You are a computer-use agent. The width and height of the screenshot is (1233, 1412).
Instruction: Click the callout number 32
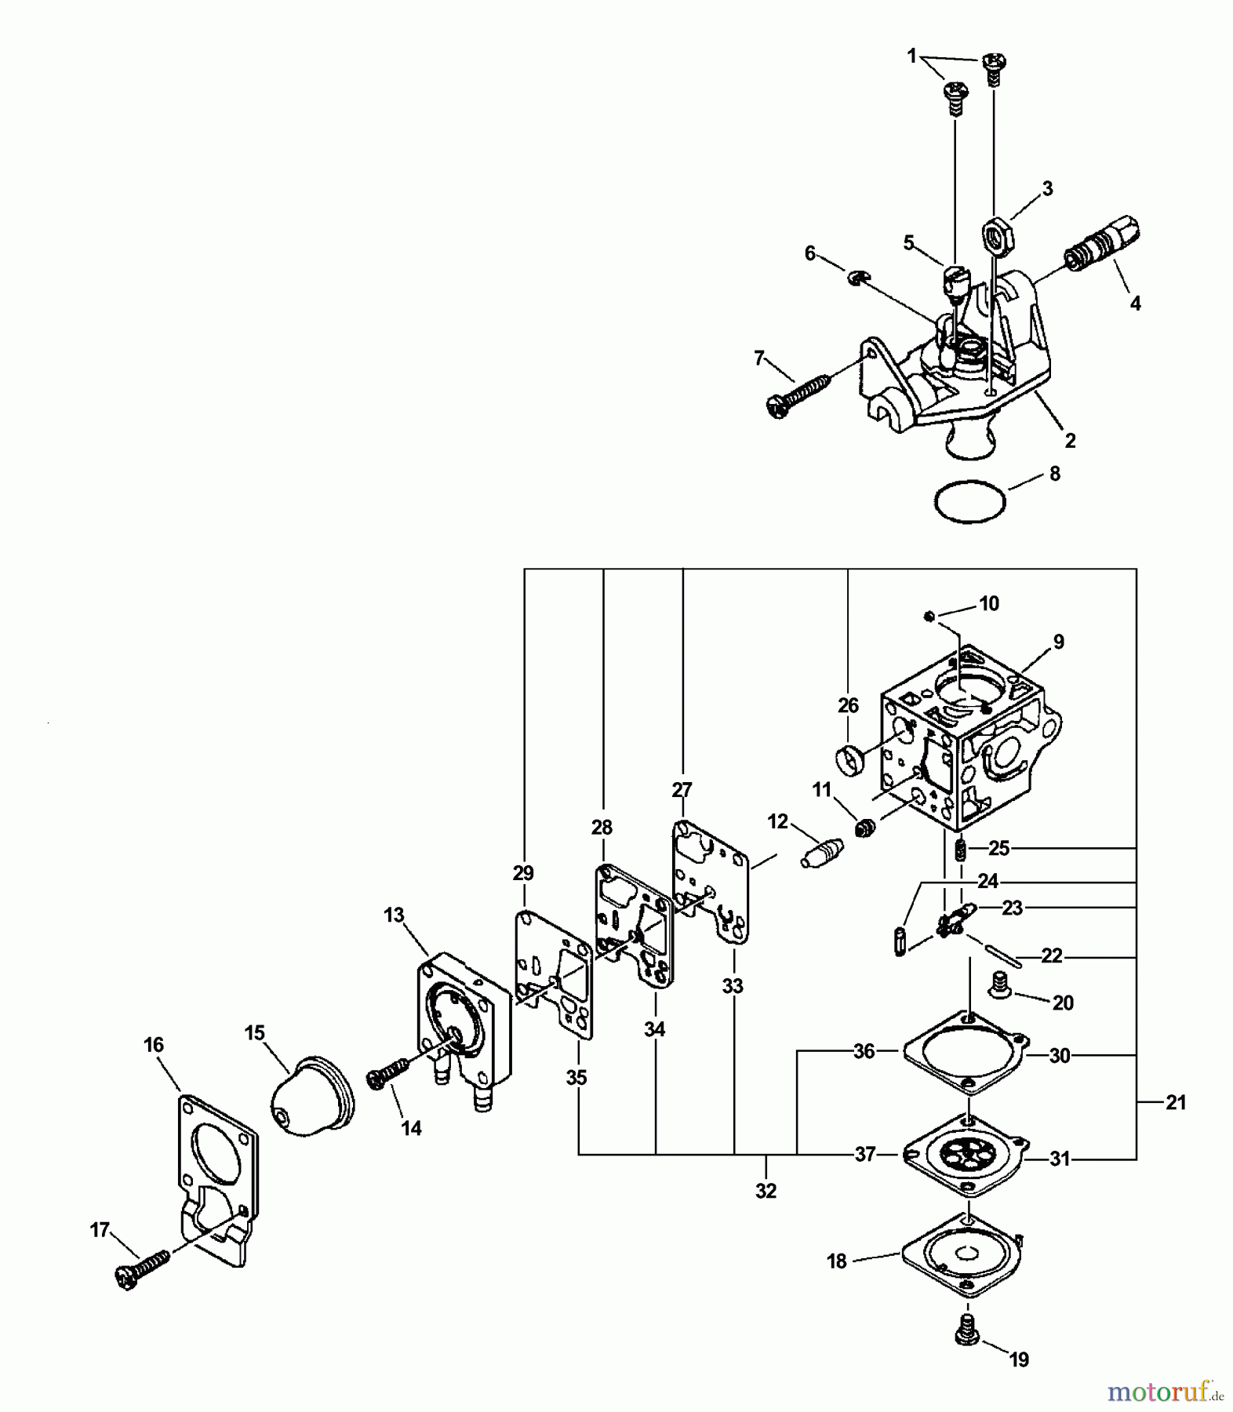(x=766, y=1191)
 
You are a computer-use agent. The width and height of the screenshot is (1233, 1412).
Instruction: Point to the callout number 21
(x=1175, y=1102)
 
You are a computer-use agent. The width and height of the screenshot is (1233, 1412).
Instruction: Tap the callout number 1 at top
(x=911, y=56)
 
